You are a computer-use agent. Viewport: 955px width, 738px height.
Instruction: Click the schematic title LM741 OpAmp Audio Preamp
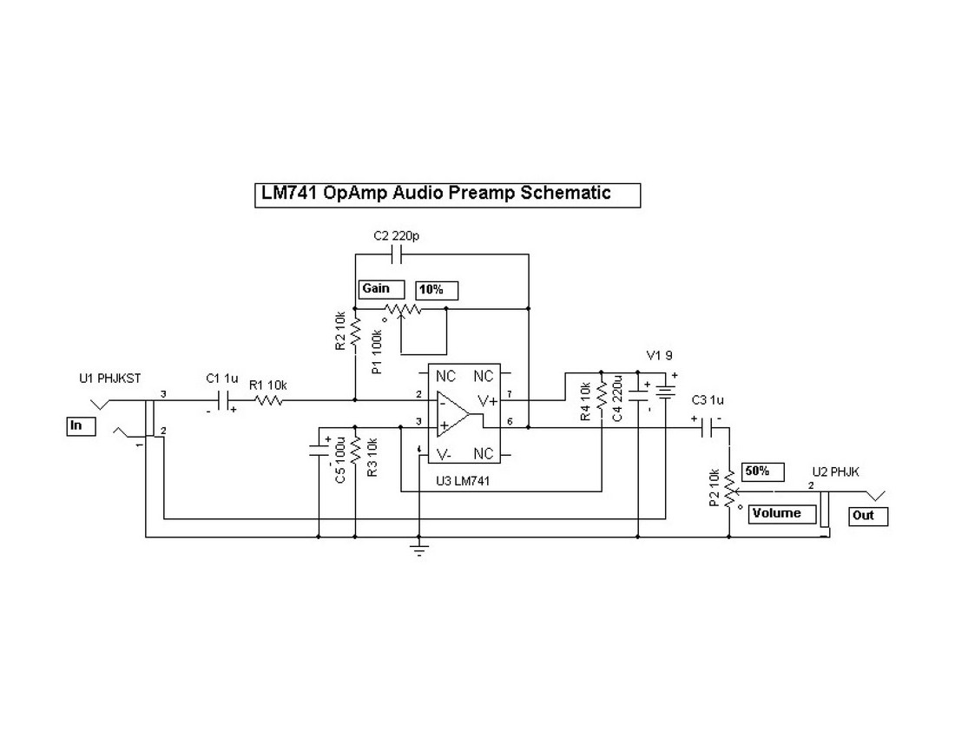coord(437,194)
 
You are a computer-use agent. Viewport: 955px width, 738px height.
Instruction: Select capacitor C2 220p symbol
coord(396,254)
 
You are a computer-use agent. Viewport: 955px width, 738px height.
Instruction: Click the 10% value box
coord(437,289)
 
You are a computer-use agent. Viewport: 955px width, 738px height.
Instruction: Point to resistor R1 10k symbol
coord(268,400)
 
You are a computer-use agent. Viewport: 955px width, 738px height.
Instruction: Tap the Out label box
coord(868,516)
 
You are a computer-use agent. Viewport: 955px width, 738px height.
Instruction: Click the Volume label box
coord(782,514)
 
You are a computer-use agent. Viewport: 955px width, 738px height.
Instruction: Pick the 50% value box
coord(763,471)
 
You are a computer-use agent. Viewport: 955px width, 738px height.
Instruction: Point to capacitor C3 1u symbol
coord(711,427)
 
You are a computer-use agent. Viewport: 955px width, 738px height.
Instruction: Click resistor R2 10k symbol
coord(356,331)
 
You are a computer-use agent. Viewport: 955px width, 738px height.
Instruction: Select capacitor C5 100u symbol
coord(319,451)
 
